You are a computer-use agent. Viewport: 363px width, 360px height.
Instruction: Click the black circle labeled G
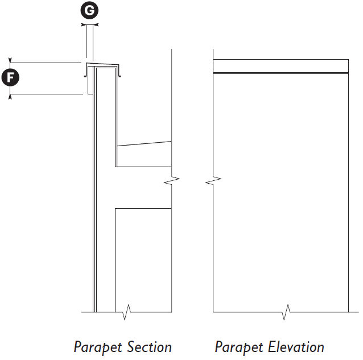tap(88, 10)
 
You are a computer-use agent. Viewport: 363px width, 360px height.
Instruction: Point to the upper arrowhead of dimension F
tap(11, 60)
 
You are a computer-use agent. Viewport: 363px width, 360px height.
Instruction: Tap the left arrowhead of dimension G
tap(83, 25)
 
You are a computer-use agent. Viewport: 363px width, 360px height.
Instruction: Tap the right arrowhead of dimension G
tap(96, 25)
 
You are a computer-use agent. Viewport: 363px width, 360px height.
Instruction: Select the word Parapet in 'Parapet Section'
tap(95, 347)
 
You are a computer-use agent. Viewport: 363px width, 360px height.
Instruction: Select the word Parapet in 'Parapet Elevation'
tap(236, 347)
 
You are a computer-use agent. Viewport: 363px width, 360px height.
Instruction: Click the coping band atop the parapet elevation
tap(280, 65)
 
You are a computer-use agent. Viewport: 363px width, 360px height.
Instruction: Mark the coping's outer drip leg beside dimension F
tap(88, 82)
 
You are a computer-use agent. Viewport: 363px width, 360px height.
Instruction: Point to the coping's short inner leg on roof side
tap(120, 71)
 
